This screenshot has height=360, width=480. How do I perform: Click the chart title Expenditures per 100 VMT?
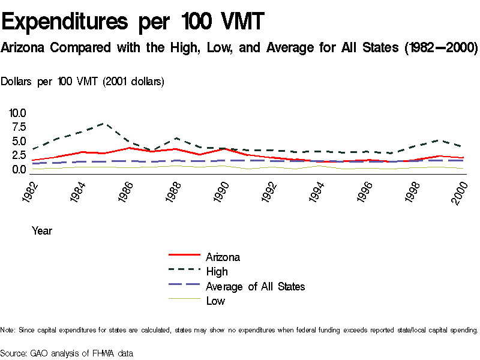click(133, 22)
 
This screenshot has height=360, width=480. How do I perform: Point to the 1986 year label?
click(126, 191)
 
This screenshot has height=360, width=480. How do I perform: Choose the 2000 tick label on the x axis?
click(460, 191)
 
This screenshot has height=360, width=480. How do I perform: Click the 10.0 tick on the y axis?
click(17, 113)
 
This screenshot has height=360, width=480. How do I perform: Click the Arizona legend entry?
click(223, 257)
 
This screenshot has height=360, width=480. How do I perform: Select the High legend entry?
click(217, 272)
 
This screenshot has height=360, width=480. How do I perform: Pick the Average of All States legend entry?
click(255, 286)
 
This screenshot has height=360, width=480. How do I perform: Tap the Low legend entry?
click(215, 301)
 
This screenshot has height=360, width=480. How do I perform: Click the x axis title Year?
click(41, 230)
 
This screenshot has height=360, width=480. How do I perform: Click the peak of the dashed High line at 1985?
click(105, 123)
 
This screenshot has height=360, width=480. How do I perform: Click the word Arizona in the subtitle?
click(23, 47)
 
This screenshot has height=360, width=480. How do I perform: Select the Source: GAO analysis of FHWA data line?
click(67, 353)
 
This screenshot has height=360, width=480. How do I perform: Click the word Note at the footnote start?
click(7, 330)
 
